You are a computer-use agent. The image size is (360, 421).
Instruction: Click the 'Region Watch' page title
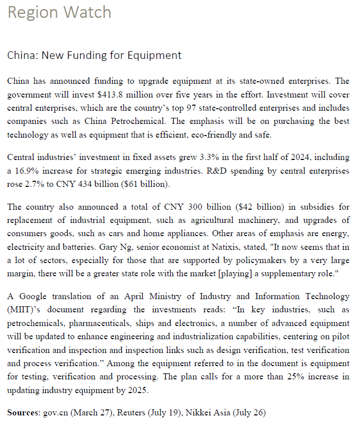[59, 12]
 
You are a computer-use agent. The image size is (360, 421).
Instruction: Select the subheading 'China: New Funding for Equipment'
[94, 55]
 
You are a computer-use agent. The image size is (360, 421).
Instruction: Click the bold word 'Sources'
[23, 412]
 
